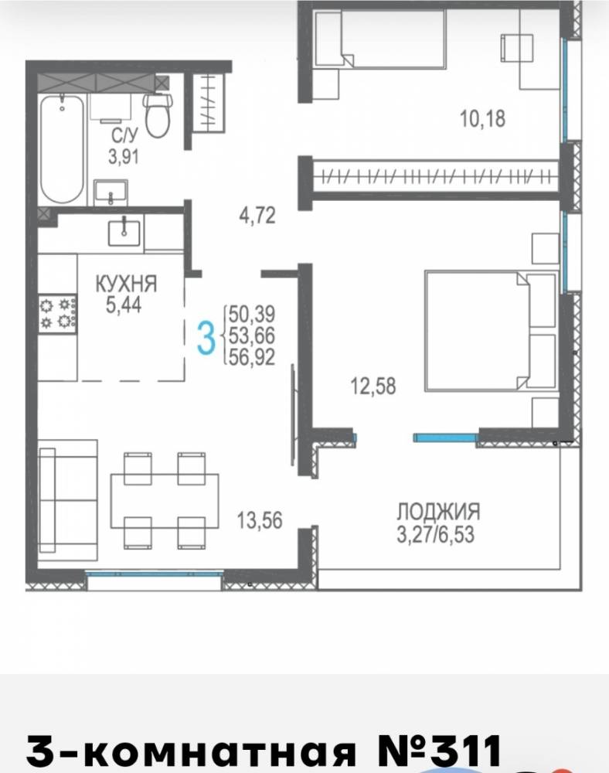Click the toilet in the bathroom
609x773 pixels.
coord(157,115)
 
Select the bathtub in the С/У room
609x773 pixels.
coord(62,148)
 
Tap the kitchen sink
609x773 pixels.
coord(124,233)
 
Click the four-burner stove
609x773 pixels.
coord(58,314)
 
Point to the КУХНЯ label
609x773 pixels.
coord(126,284)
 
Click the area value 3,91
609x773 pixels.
coord(124,157)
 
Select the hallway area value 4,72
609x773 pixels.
coord(257,216)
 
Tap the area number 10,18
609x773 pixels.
coord(482,119)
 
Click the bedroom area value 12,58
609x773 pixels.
coord(373,386)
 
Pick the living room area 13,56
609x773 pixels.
coord(260,520)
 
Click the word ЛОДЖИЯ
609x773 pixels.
coord(438,512)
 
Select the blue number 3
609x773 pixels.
coord(206,337)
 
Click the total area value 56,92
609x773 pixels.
coord(251,357)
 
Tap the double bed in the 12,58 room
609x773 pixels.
coord(491,331)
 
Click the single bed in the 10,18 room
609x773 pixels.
coord(380,39)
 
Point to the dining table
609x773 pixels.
coord(165,500)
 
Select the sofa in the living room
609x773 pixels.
coord(67,500)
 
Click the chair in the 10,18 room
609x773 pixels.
coord(517,47)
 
